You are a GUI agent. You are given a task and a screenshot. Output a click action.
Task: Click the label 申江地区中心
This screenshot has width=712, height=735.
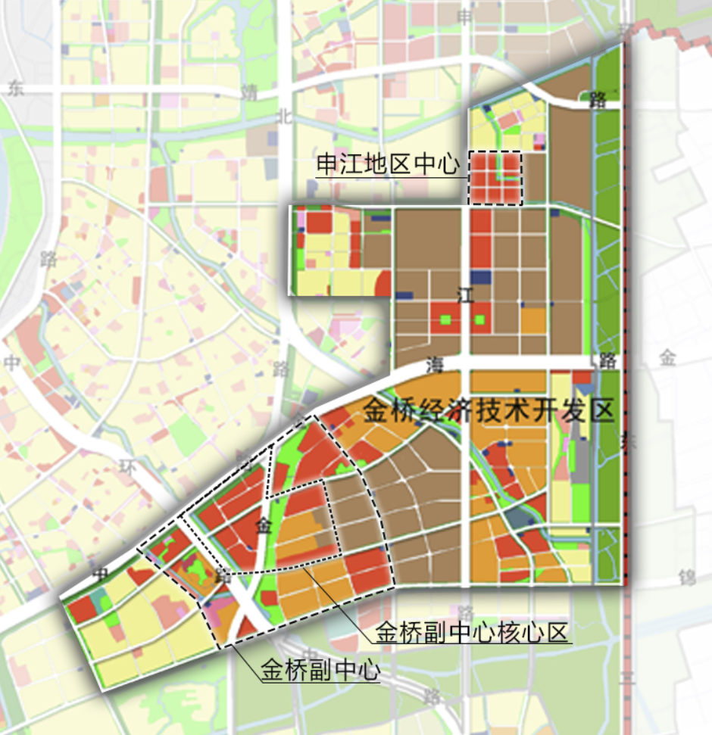tap(387, 165)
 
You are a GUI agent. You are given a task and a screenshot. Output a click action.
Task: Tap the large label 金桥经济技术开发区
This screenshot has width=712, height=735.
tap(488, 412)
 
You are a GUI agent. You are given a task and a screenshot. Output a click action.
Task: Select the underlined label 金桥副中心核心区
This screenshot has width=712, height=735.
tap(473, 633)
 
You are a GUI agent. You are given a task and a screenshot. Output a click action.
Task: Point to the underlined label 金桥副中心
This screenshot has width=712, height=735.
tap(320, 671)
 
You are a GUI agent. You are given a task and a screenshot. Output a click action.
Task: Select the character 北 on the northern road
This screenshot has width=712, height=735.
tap(285, 116)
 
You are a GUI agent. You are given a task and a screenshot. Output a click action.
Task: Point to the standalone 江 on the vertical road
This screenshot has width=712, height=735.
tap(465, 296)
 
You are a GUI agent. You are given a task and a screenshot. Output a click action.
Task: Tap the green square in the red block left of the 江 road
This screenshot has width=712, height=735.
tap(445, 320)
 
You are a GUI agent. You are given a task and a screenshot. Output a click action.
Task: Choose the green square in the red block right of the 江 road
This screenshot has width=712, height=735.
tap(479, 320)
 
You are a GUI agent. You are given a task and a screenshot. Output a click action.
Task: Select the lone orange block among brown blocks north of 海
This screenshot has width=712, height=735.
tap(533, 321)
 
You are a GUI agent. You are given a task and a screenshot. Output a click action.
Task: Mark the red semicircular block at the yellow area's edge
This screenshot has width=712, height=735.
tap(384, 283)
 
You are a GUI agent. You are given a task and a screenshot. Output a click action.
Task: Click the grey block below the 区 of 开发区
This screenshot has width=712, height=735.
tap(582, 454)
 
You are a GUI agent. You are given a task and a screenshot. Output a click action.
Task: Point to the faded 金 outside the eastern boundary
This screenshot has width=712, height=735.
tap(667, 357)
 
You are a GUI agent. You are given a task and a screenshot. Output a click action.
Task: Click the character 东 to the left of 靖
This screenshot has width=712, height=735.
tap(17, 88)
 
